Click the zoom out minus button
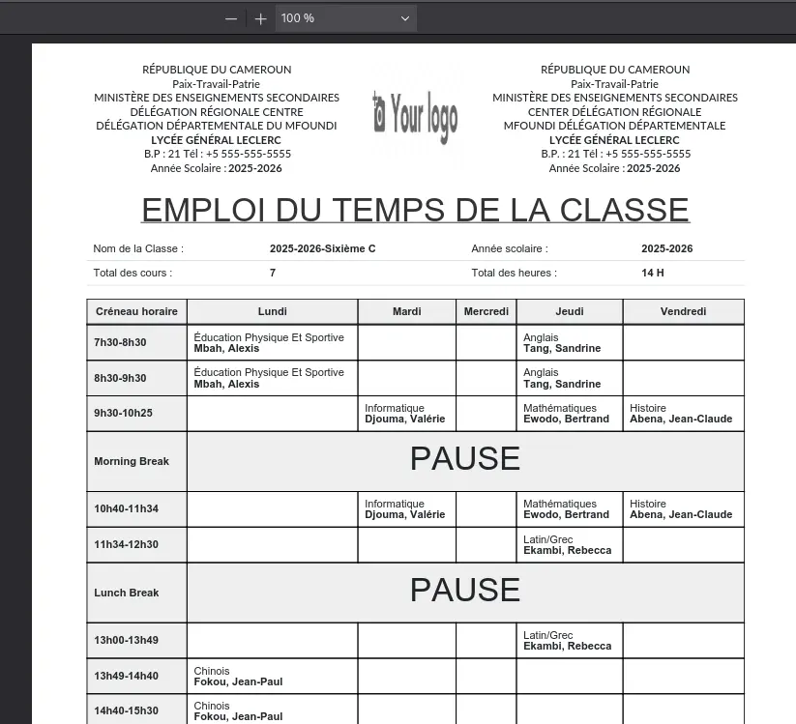231,18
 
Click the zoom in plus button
261,18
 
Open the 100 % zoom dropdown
345,18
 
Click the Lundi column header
272,311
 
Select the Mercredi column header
486,311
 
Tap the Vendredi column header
683,311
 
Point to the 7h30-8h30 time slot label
120,343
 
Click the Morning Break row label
132,461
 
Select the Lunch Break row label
127,593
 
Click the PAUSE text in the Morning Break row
464,459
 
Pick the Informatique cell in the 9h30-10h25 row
405,414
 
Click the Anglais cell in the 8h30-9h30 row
562,378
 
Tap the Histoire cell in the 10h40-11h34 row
681,509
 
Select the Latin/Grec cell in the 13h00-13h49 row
568,641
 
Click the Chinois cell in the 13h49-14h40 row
238,676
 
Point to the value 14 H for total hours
653,273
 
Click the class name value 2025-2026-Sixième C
322,248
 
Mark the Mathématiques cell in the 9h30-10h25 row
567,414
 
